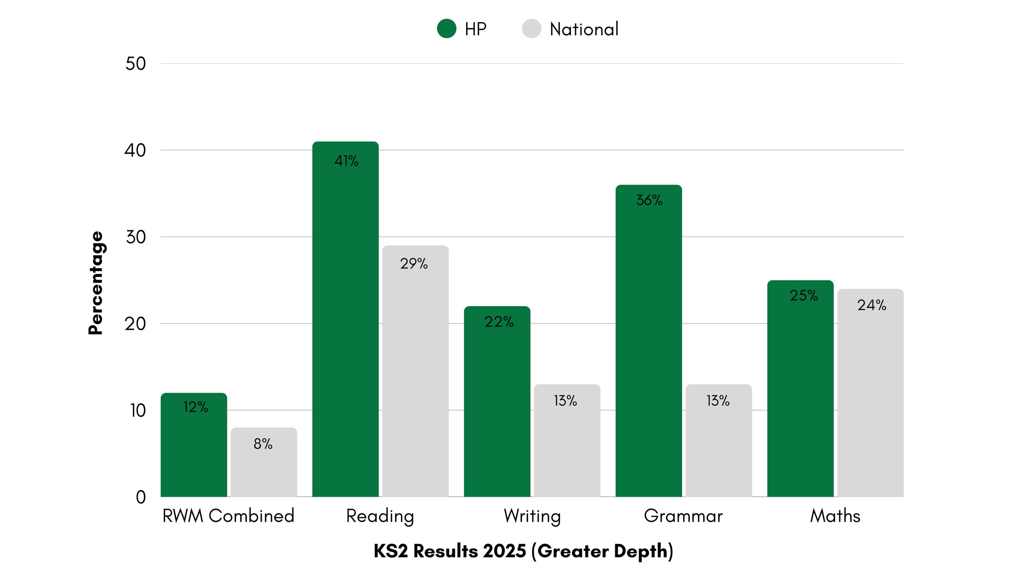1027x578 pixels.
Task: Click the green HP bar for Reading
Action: click(345, 319)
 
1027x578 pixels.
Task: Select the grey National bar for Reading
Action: click(415, 371)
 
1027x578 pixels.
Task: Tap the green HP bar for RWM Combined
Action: click(194, 445)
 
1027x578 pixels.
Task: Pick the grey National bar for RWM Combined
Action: click(264, 463)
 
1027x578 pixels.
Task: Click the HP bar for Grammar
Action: click(649, 341)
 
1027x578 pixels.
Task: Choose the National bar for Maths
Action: click(870, 393)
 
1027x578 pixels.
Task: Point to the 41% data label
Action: click(346, 161)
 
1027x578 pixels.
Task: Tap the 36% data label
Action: click(649, 200)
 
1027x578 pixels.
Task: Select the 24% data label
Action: click(872, 305)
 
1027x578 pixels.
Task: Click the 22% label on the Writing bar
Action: click(499, 321)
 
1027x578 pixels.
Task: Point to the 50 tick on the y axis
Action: click(136, 64)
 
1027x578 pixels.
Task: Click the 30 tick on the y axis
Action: click(136, 237)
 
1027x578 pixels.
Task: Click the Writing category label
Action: click(532, 516)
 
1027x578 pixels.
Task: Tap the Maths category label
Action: click(835, 516)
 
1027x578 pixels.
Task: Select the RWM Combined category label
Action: click(228, 516)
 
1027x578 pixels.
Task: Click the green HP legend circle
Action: click(446, 29)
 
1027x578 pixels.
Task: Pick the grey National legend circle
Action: click(531, 29)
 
